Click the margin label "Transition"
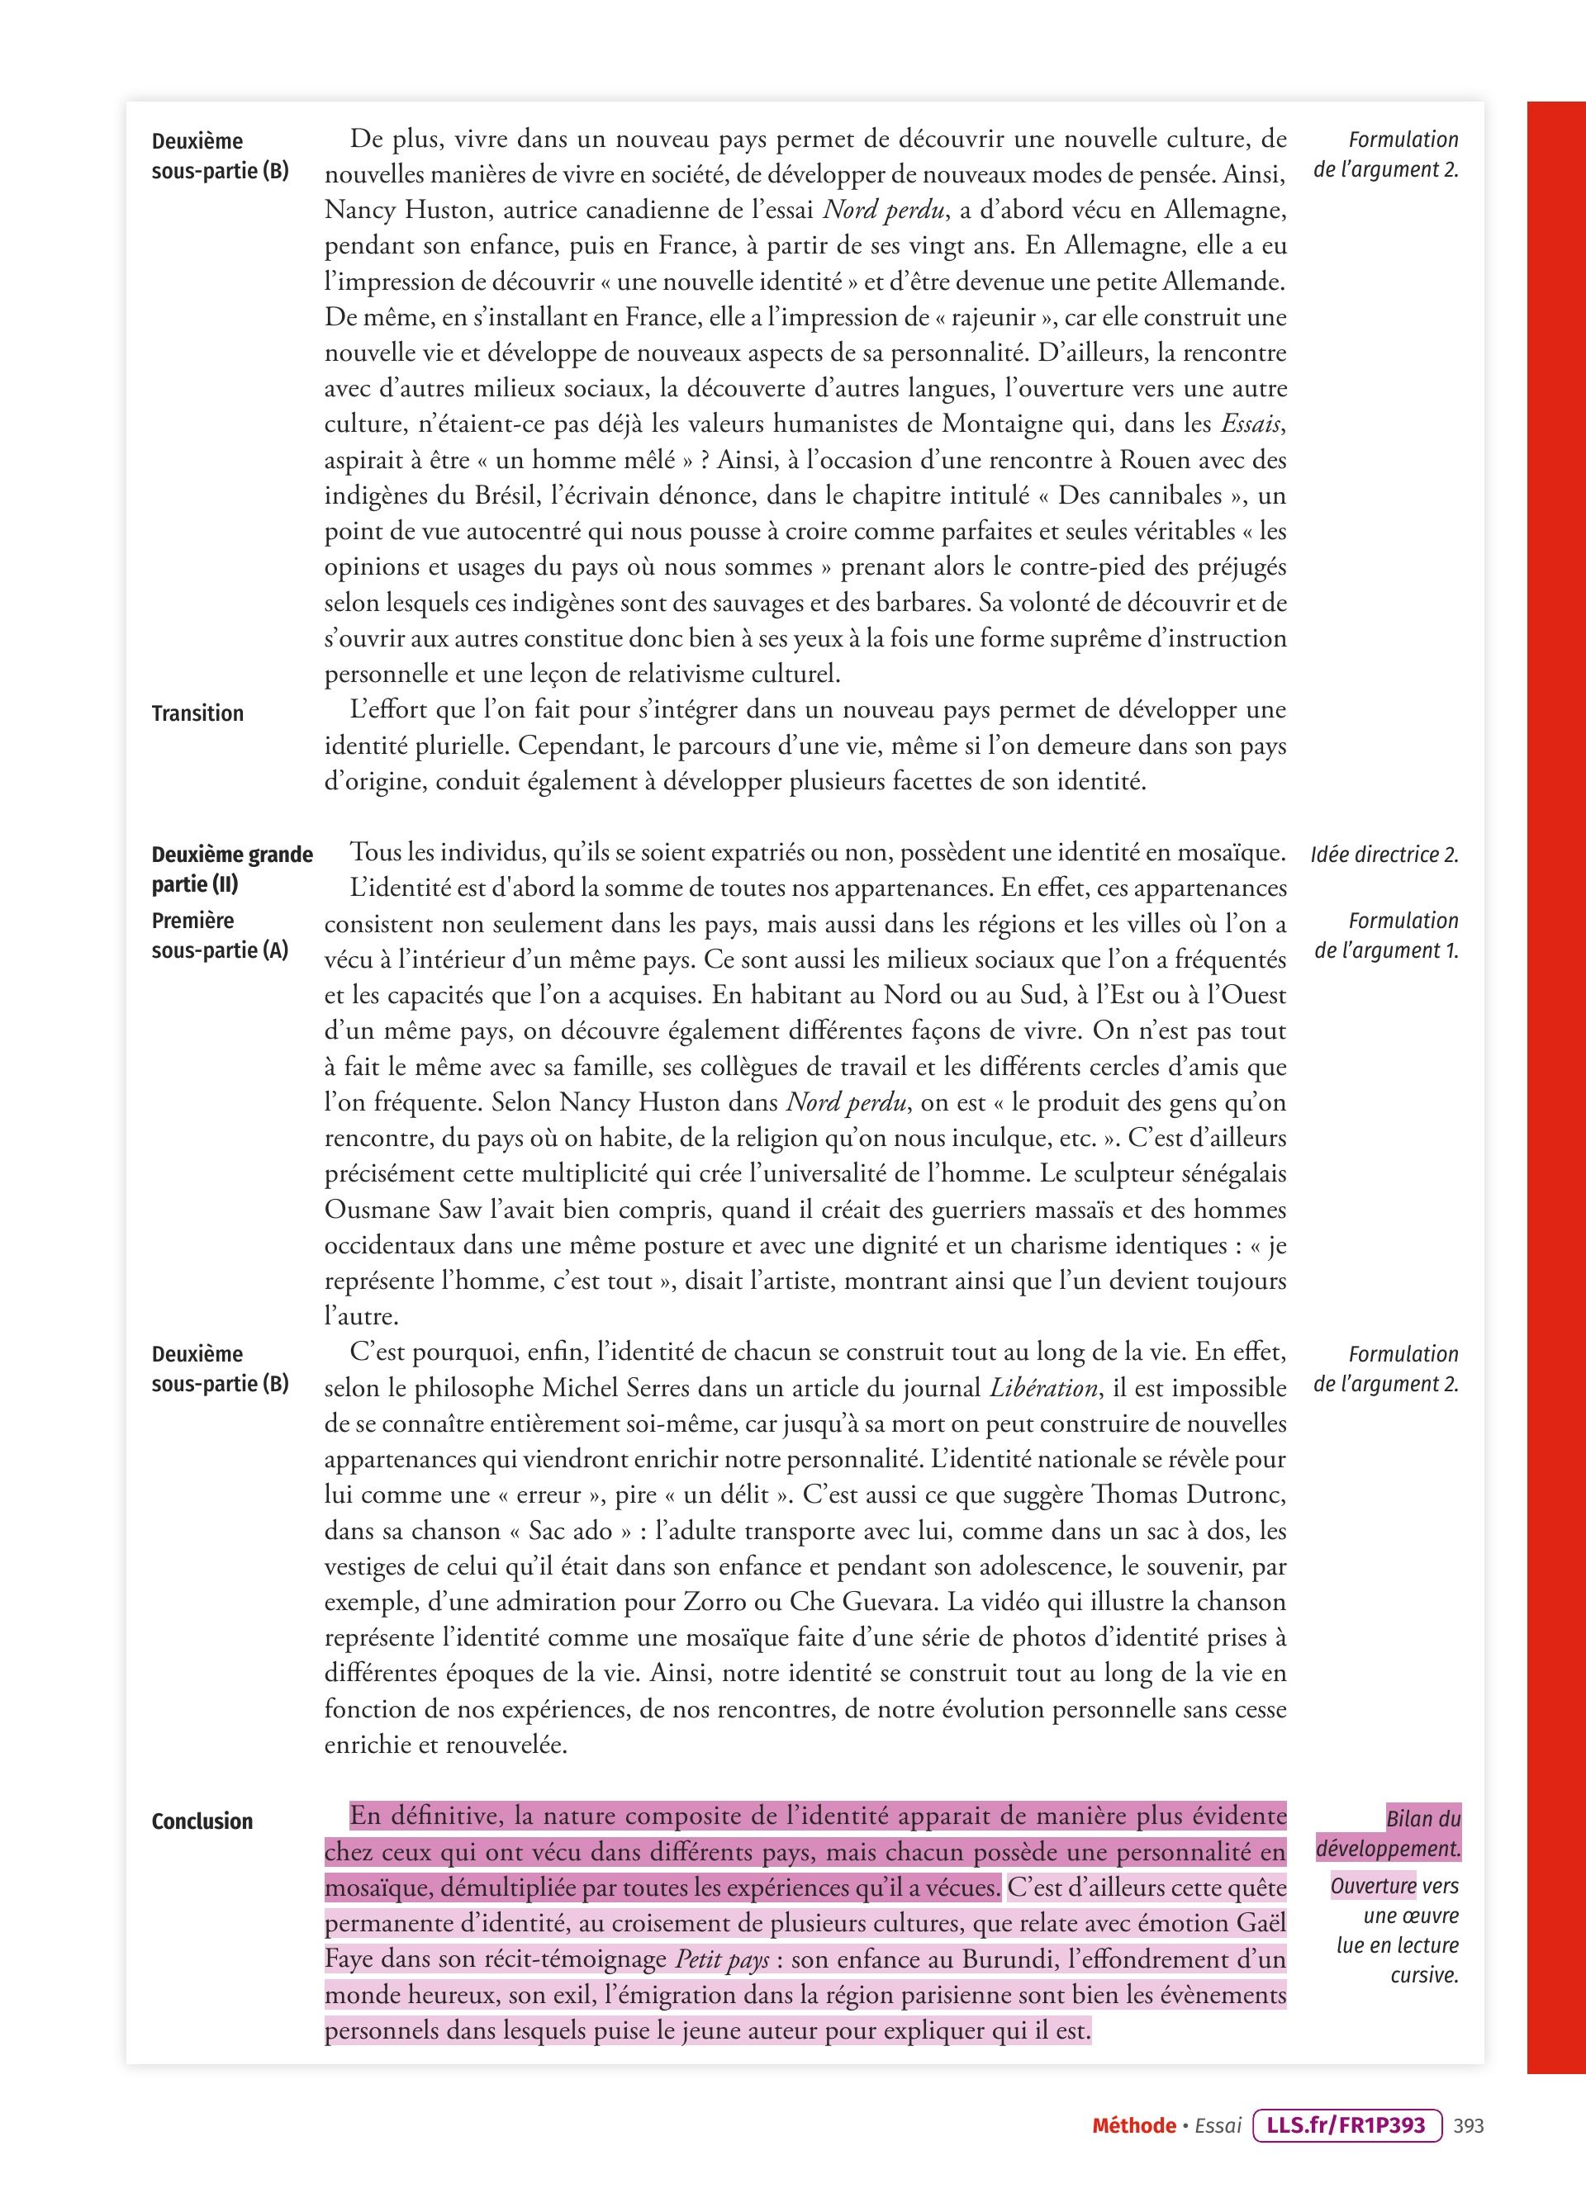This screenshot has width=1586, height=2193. click(x=197, y=713)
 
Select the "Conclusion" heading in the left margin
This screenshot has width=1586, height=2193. click(x=202, y=1821)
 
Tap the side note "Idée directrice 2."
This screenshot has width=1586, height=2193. click(x=1384, y=855)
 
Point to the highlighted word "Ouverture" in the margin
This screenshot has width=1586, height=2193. click(x=1373, y=1886)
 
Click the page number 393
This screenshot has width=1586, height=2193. click(x=1468, y=2125)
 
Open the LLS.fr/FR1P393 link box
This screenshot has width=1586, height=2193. click(x=1346, y=2125)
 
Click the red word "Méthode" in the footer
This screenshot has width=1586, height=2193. click(x=1133, y=2125)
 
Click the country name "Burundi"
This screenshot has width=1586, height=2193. click(x=1016, y=1960)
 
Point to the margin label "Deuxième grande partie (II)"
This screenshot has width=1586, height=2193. click(x=232, y=869)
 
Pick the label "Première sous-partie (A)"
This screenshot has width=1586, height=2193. click(x=221, y=935)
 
